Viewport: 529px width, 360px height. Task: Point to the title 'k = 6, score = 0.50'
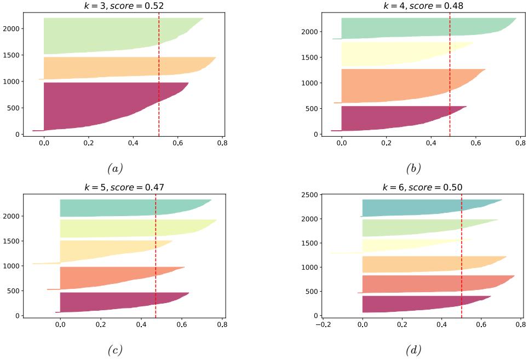pos(422,187)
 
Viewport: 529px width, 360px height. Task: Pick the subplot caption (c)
pos(125,349)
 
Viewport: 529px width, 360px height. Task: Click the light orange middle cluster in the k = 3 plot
pos(120,68)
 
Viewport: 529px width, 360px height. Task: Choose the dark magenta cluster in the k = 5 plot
pos(110,302)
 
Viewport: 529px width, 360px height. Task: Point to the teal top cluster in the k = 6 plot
pos(416,207)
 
